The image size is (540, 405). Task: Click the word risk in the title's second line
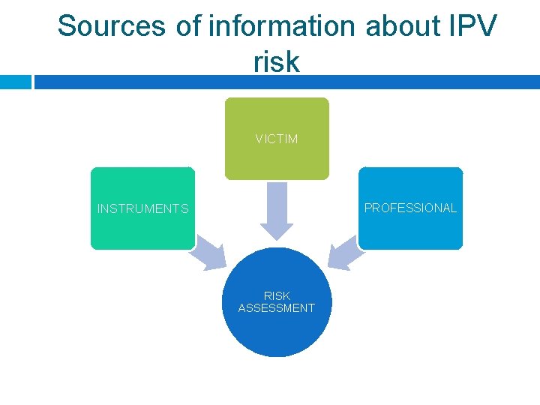(276, 61)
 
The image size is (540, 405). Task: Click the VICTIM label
(276, 139)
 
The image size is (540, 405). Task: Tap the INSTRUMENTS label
(142, 208)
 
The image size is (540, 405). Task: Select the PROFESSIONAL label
(410, 208)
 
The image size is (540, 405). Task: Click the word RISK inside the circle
(277, 296)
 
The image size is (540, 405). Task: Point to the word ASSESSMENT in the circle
(277, 308)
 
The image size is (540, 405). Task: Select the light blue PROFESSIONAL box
(410, 229)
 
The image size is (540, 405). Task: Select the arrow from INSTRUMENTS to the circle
(211, 255)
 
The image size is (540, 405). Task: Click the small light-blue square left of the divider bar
(15, 82)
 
